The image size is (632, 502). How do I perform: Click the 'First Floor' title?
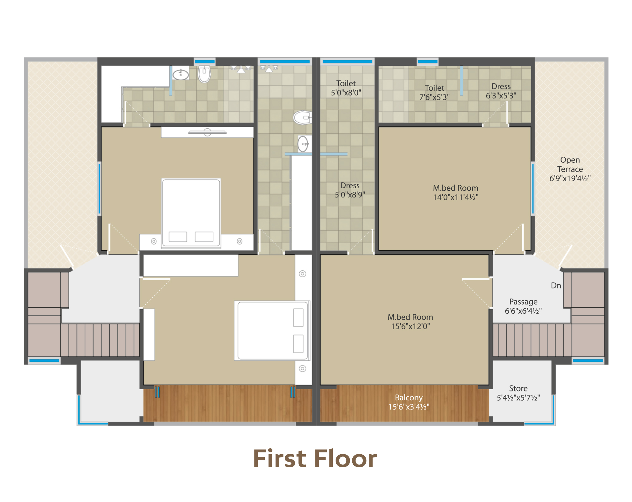click(315, 459)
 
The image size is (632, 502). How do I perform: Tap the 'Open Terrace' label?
click(570, 164)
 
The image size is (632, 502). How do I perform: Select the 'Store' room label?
click(518, 388)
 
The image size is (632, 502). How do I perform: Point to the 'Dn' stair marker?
click(556, 286)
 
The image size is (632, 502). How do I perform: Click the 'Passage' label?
click(523, 302)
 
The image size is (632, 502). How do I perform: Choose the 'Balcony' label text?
click(409, 397)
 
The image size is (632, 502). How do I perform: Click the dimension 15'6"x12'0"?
click(410, 326)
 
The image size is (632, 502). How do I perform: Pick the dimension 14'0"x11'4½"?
click(456, 197)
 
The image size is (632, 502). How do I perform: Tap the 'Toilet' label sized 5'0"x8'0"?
click(346, 83)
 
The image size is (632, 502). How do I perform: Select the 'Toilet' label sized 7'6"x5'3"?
click(434, 88)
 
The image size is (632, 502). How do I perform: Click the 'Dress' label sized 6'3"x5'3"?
click(501, 86)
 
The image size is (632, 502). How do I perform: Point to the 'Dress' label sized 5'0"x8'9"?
click(350, 185)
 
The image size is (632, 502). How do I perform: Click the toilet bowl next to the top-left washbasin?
click(204, 74)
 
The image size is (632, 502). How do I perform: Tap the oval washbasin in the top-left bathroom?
click(181, 74)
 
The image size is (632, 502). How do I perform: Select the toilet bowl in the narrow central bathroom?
click(302, 118)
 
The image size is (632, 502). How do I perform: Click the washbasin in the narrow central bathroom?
click(303, 144)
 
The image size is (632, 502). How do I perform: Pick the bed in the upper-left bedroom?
click(191, 213)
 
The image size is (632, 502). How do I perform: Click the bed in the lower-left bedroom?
click(272, 330)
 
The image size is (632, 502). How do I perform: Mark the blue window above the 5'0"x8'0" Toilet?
click(347, 62)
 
